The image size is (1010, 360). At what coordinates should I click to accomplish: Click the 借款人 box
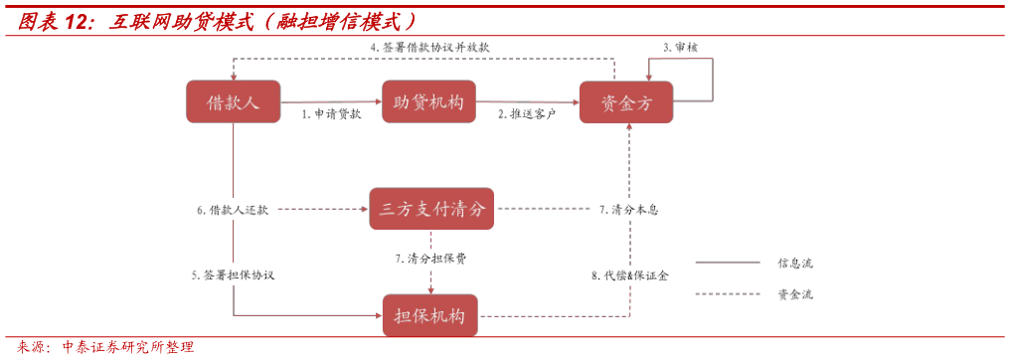point(233,101)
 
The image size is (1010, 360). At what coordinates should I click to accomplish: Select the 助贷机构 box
point(428,101)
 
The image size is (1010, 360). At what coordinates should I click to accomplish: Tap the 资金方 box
point(626,102)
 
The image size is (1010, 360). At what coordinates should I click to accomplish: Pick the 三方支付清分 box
point(431,209)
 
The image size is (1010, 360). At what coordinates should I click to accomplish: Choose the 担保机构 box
point(430,316)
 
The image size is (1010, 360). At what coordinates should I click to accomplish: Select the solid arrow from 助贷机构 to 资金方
point(528,101)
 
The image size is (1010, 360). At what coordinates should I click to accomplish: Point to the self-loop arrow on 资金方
point(711,80)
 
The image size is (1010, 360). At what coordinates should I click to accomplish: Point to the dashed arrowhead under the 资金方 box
point(629,128)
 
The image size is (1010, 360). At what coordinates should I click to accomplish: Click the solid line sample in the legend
point(728,263)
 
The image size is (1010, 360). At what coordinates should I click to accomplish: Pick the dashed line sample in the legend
point(728,293)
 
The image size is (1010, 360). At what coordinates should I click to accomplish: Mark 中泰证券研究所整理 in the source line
point(128,347)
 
